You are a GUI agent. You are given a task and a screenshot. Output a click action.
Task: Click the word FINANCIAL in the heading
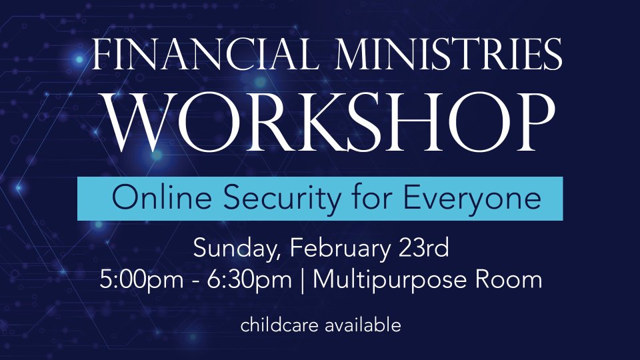click(x=205, y=55)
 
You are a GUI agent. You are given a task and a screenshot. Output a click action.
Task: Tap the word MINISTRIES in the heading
click(x=449, y=55)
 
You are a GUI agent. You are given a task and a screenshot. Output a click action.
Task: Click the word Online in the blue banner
click(x=162, y=198)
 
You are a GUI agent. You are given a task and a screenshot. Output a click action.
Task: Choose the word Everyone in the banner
click(x=472, y=199)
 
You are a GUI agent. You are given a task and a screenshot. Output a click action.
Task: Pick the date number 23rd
click(x=424, y=247)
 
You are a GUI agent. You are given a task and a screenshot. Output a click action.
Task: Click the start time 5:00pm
click(x=141, y=281)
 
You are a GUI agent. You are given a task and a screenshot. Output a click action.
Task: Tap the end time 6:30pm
click(x=249, y=281)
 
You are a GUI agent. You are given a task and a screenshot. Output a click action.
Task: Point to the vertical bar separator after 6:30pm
click(x=302, y=281)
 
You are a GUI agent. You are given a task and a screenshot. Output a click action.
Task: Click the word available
click(x=363, y=325)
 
